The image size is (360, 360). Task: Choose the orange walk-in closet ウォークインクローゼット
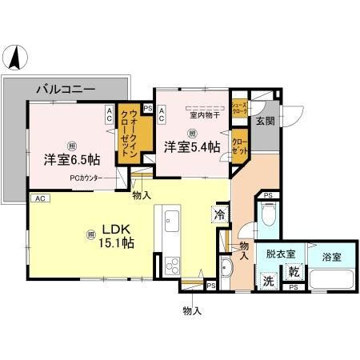coord(128,137)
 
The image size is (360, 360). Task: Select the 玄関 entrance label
coord(265,121)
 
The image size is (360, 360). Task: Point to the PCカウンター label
coord(85,178)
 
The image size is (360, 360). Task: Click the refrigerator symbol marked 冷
coord(219,214)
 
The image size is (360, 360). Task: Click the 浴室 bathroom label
coord(330,258)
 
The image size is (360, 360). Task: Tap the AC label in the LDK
coord(38,198)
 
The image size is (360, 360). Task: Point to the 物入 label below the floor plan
coord(191,311)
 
